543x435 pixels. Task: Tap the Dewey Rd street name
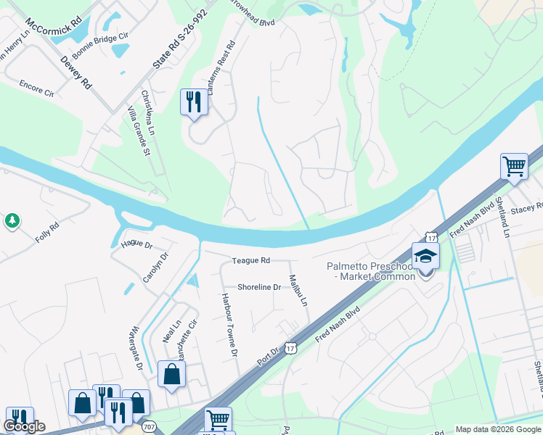75,71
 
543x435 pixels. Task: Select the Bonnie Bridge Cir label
105,45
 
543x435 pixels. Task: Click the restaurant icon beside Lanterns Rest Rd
194,101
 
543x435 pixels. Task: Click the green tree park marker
12,220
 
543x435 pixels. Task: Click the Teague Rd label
251,260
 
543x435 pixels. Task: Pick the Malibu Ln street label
298,290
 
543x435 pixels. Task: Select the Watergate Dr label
136,341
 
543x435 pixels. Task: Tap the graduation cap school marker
425,257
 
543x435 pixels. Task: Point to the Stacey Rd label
526,208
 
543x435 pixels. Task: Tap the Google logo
25,426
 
